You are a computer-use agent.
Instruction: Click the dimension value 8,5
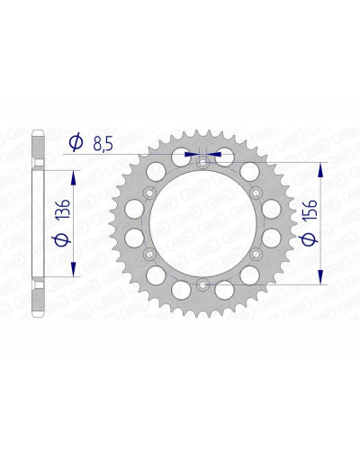click(103, 144)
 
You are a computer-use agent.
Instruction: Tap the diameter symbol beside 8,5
click(76, 143)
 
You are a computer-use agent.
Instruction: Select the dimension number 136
click(64, 208)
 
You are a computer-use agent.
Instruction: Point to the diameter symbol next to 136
click(61, 239)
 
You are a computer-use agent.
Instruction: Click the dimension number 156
click(310, 210)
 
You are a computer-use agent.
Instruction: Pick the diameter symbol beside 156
click(309, 239)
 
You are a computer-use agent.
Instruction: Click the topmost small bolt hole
click(202, 163)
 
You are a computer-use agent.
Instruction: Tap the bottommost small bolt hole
click(202, 284)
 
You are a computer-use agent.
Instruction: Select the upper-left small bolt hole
click(149, 193)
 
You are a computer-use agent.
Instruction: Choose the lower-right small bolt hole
click(256, 254)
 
